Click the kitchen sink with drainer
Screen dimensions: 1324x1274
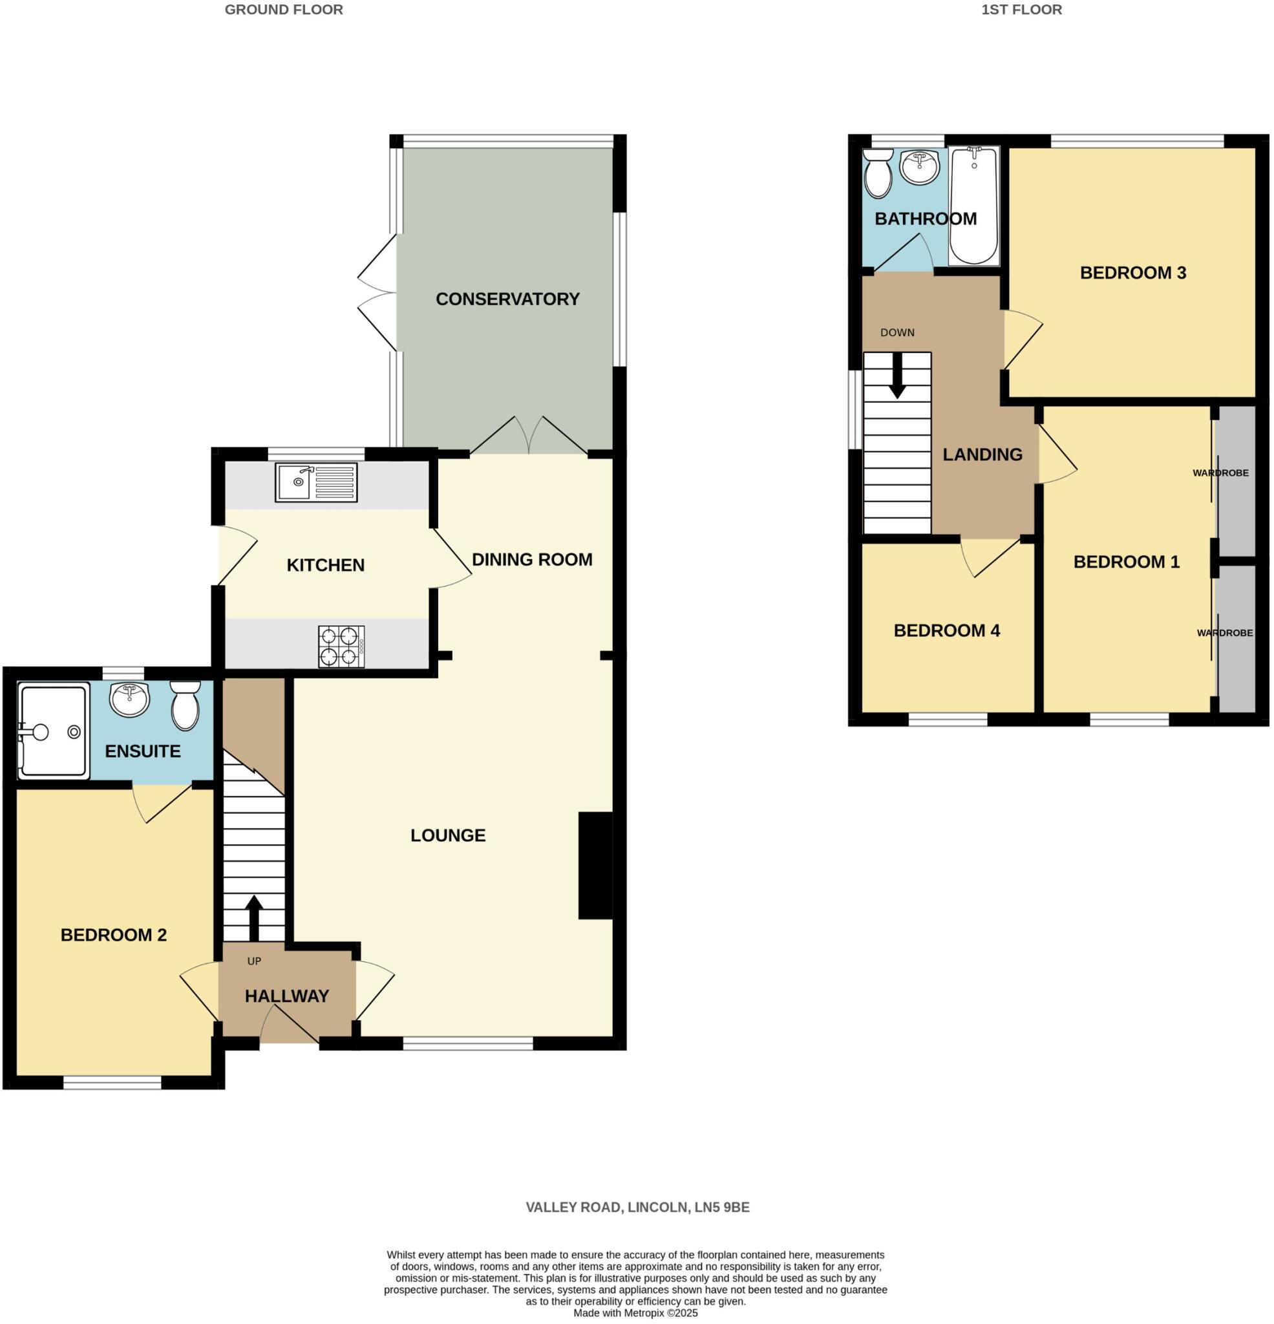pos(315,482)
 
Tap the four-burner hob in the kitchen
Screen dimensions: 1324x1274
pos(341,646)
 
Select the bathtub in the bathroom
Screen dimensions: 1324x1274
pos(973,206)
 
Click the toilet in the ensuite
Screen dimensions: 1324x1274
pos(184,705)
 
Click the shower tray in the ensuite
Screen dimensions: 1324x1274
pos(54,731)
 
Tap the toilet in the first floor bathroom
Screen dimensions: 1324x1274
pos(878,172)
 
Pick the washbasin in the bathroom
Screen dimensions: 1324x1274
pos(919,166)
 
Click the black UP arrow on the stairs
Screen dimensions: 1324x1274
pos(254,918)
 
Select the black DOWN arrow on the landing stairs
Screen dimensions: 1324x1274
pos(897,376)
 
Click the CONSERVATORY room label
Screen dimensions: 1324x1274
pos(507,299)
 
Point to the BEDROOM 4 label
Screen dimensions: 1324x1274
pos(946,631)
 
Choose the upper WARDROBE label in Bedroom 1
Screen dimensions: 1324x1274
pos(1220,473)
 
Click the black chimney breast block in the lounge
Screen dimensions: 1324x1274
pos(595,866)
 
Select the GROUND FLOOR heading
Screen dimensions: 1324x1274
pos(284,10)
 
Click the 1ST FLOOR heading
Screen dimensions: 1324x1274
pos(1021,10)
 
